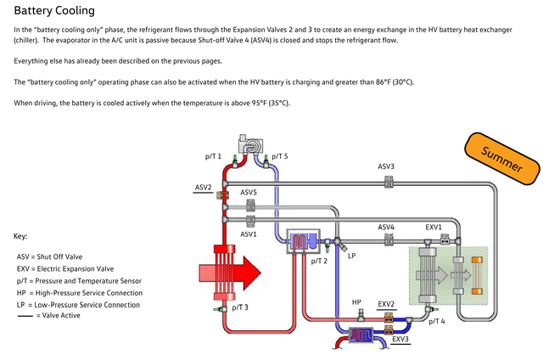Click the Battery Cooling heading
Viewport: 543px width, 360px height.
[x=54, y=11]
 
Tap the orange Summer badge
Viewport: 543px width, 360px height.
[x=501, y=159]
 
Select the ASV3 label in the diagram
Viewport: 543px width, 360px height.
[x=386, y=166]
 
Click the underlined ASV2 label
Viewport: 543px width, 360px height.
[x=204, y=187]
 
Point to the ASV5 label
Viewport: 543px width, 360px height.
[x=249, y=193]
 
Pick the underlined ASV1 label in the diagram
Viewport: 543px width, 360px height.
[x=249, y=233]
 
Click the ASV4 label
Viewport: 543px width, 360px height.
[x=386, y=228]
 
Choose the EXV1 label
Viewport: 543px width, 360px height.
[x=434, y=228]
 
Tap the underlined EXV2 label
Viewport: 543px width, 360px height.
[x=386, y=303]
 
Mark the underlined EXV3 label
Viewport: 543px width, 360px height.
[x=400, y=340]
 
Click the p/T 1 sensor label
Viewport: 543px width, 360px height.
[x=213, y=156]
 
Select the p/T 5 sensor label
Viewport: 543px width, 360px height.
[x=280, y=156]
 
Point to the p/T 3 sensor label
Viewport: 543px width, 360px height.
[x=240, y=307]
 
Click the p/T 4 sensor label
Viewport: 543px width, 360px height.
[x=437, y=321]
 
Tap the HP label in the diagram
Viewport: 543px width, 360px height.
[x=357, y=302]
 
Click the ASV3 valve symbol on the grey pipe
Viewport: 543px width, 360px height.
[x=389, y=181]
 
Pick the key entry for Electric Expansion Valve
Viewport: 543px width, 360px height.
[x=65, y=268]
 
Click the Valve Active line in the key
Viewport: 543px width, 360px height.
[x=59, y=316]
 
